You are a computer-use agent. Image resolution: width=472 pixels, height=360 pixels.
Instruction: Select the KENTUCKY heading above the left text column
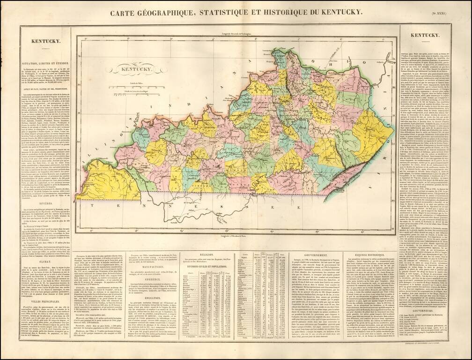tap(44, 41)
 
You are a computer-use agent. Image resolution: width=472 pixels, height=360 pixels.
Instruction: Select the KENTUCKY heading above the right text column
tap(424, 35)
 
